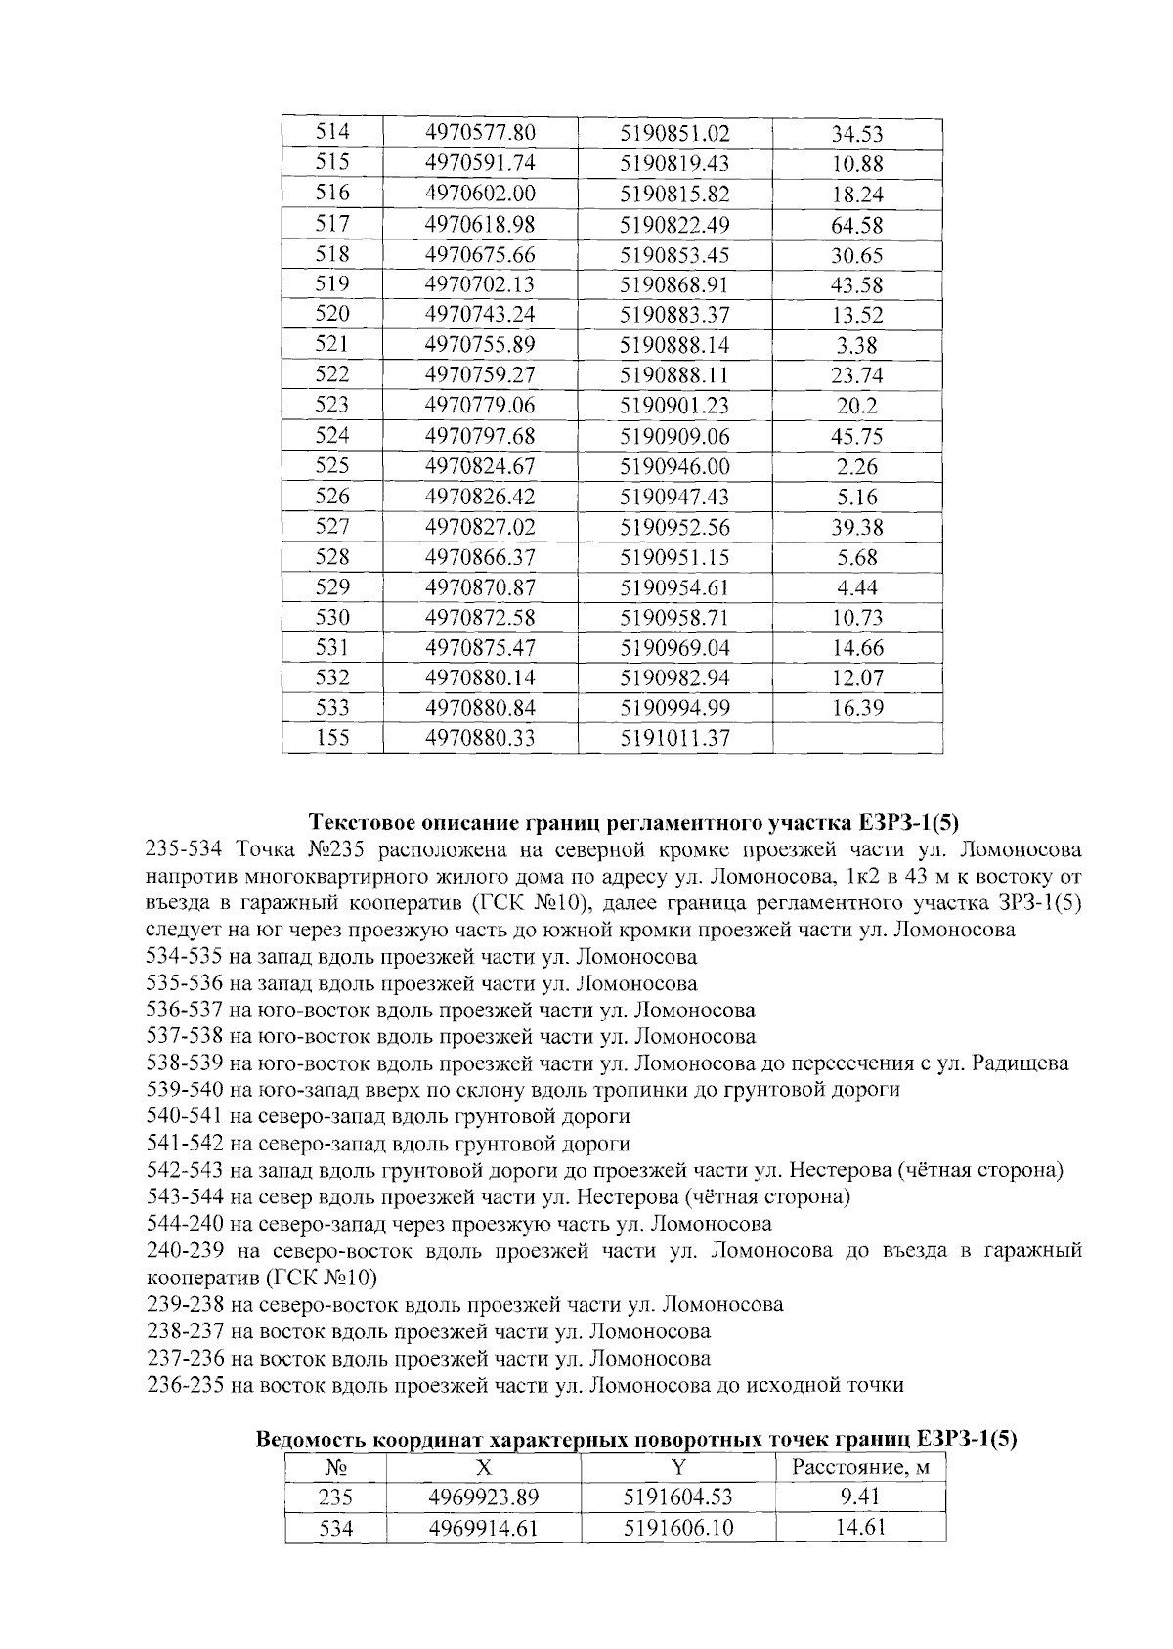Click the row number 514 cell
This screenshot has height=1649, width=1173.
pos(332,133)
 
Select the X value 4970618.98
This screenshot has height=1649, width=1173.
pos(480,225)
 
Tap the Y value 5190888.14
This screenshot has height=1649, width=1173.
pos(674,345)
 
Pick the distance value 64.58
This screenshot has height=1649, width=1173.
pos(857,225)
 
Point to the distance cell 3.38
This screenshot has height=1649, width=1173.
pos(857,345)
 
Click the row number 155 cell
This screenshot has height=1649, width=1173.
pos(332,738)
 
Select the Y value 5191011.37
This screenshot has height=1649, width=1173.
pos(674,738)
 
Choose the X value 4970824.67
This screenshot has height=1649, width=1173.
pos(480,466)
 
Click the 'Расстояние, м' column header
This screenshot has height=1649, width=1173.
pos(860,1467)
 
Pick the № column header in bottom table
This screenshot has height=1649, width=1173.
pos(335,1468)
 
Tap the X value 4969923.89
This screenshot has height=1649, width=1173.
pos(484,1497)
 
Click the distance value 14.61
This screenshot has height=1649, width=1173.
pos(860,1528)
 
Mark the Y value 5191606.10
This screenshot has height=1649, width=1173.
pos(677,1528)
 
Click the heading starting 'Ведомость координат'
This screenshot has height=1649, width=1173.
pos(636,1439)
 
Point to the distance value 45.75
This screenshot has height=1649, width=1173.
pos(857,436)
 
